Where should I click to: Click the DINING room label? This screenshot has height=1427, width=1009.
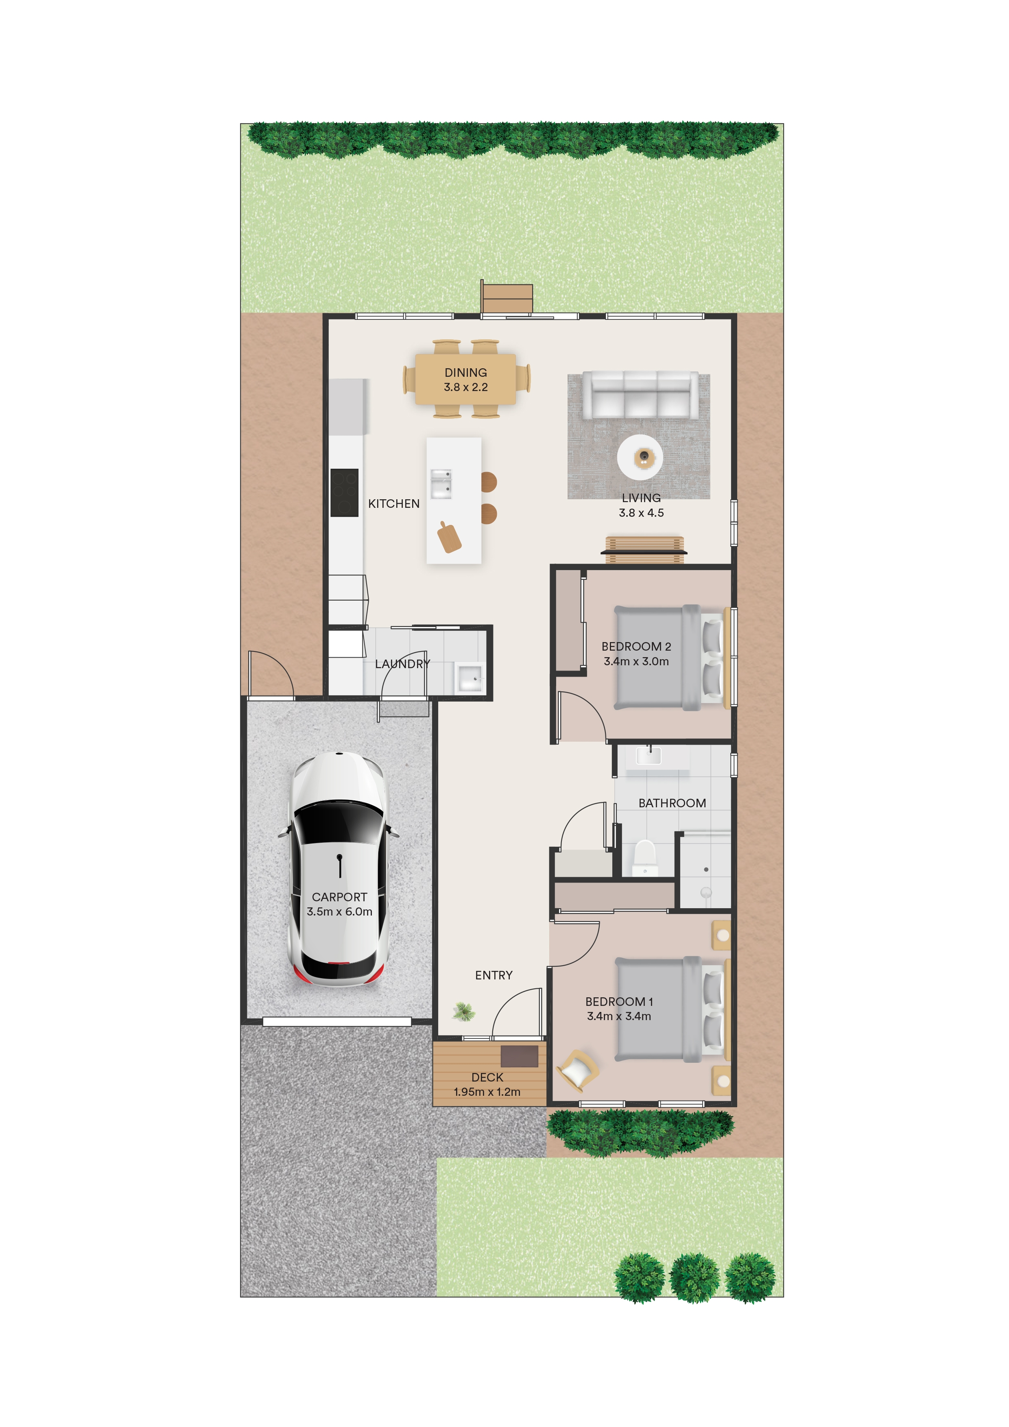tap(465, 372)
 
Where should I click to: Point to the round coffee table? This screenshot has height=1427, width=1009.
tap(640, 457)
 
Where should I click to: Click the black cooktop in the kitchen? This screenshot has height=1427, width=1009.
tap(344, 492)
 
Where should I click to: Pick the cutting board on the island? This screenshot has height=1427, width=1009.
tap(449, 537)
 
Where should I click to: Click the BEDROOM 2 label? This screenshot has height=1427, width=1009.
tap(636, 647)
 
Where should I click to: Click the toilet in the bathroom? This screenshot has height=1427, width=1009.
tap(644, 858)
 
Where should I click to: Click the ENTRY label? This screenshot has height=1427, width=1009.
tap(494, 975)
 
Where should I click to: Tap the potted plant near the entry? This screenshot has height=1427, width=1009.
tap(463, 1012)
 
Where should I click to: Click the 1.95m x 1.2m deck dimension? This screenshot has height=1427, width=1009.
tap(487, 1092)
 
